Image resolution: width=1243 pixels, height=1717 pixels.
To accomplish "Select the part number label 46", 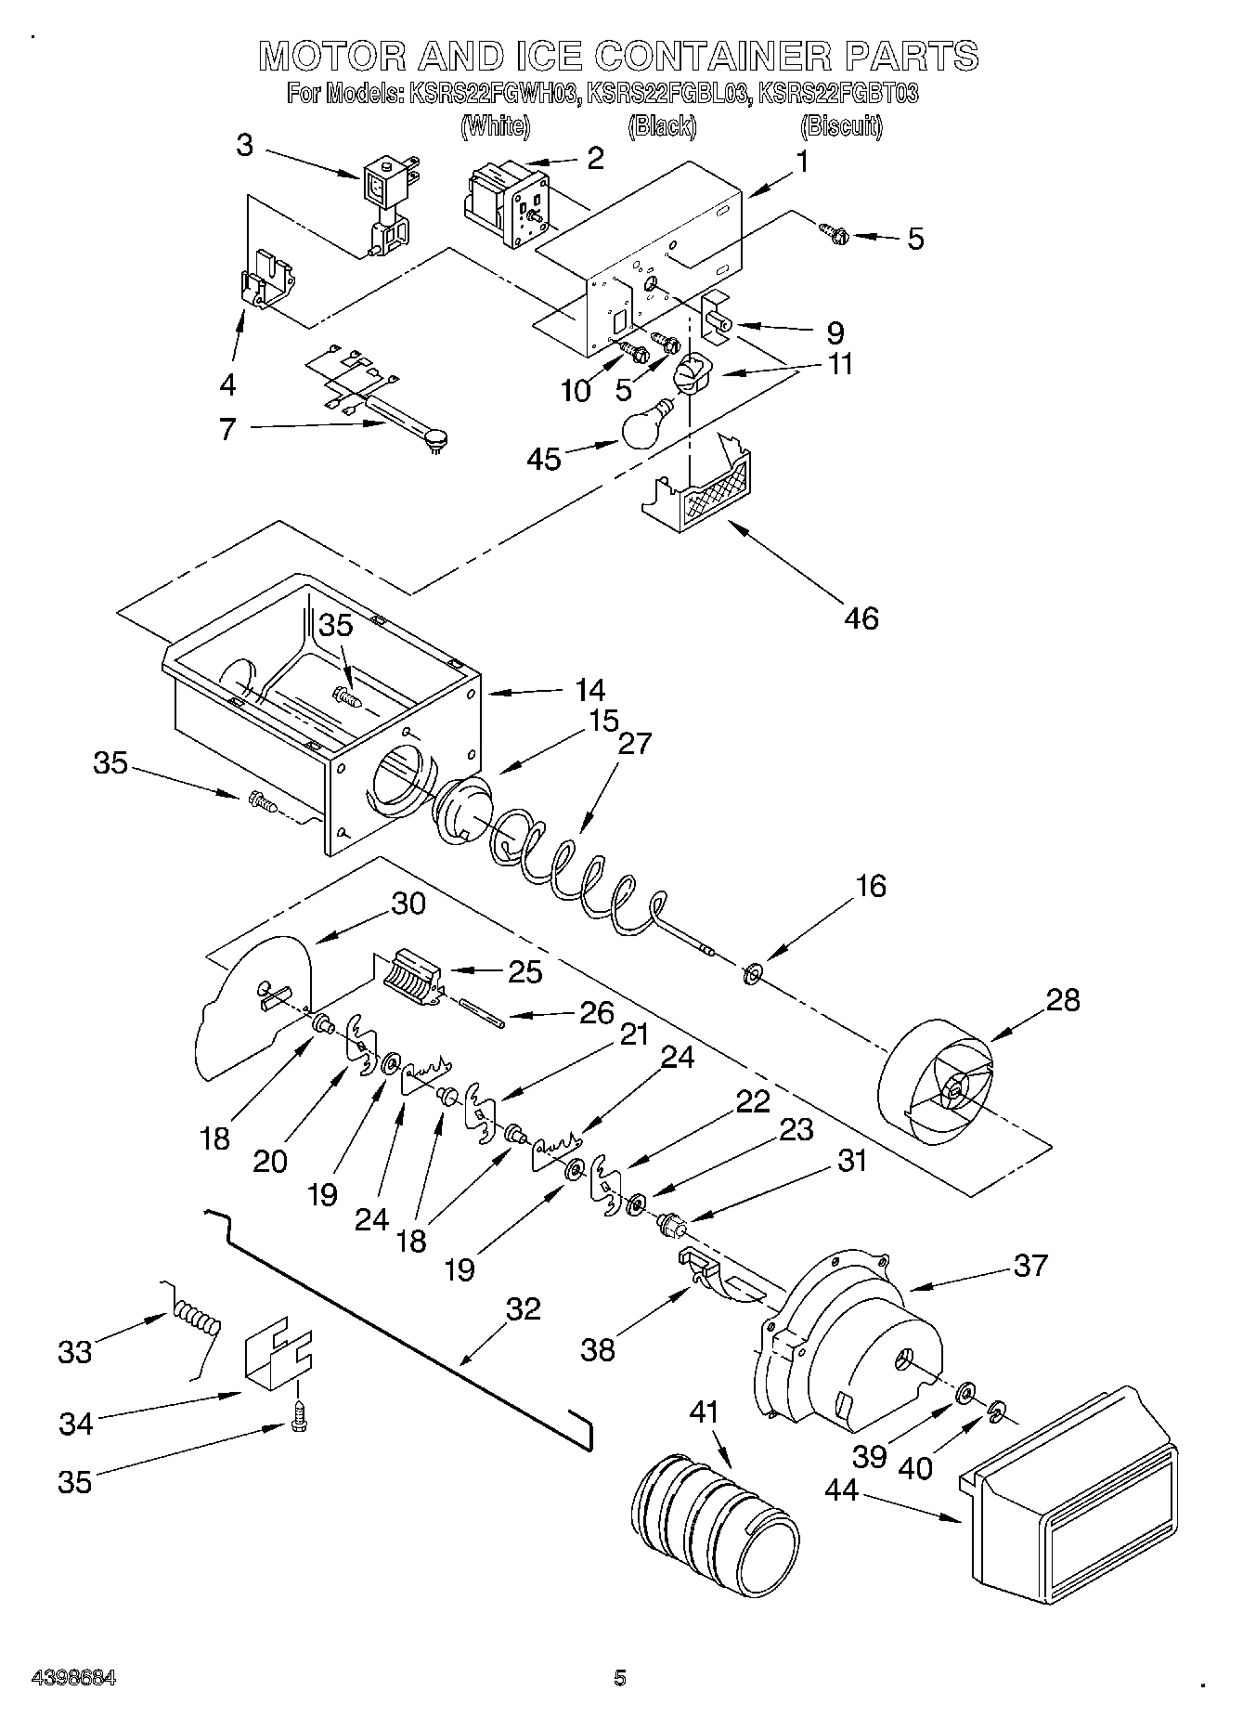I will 861,618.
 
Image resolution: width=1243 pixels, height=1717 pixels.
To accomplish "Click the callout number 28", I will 1063,1000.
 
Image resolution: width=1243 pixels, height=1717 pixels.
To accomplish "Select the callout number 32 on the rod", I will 523,1308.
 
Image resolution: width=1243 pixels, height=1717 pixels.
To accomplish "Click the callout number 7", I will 228,429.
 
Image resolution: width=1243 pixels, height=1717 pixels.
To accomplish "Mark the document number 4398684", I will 73,1677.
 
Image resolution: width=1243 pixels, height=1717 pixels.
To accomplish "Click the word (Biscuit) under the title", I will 841,126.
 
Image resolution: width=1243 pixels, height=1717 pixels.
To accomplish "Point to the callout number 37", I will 1031,1264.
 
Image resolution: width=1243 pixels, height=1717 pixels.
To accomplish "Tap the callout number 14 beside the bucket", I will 589,690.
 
